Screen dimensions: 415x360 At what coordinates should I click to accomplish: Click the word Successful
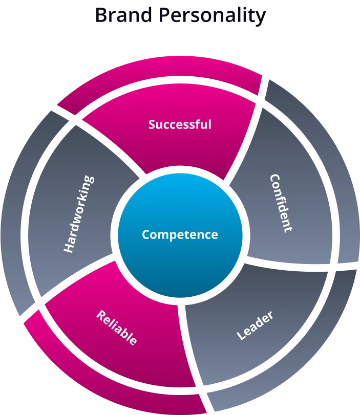coord(180,124)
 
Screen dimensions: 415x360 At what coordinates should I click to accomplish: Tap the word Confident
coord(281,204)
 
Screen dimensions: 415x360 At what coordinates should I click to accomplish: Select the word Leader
coord(255,325)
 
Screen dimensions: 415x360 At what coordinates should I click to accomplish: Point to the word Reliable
coord(117,327)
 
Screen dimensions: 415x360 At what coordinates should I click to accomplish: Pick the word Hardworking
coord(79,214)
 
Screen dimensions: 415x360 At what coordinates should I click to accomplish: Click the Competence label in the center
coord(180,234)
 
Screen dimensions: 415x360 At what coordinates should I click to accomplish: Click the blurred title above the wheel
coord(180,15)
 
